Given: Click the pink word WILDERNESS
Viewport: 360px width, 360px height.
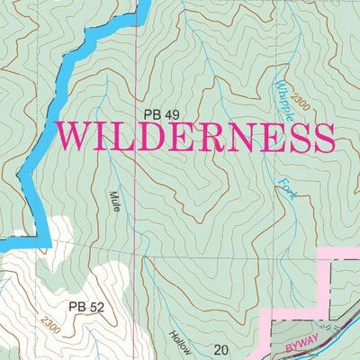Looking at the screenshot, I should [195, 138].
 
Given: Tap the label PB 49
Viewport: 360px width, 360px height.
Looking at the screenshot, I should [163, 113].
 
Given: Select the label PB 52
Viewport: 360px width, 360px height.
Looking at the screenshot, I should [85, 307].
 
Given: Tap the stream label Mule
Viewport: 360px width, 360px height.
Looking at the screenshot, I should [116, 202].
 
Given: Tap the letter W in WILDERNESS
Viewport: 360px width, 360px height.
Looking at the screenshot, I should [73, 138].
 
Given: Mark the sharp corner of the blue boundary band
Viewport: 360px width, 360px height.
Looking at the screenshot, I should [42, 241].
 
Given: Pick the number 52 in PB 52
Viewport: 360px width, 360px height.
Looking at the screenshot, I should [95, 307].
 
